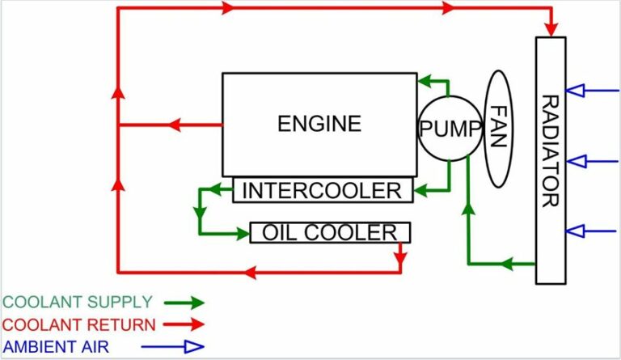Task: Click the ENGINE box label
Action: click(319, 124)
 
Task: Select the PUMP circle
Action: click(450, 129)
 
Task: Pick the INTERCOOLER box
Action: click(322, 191)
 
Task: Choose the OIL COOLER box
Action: click(330, 233)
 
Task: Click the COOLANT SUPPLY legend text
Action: click(78, 303)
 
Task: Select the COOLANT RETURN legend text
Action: click(79, 325)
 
